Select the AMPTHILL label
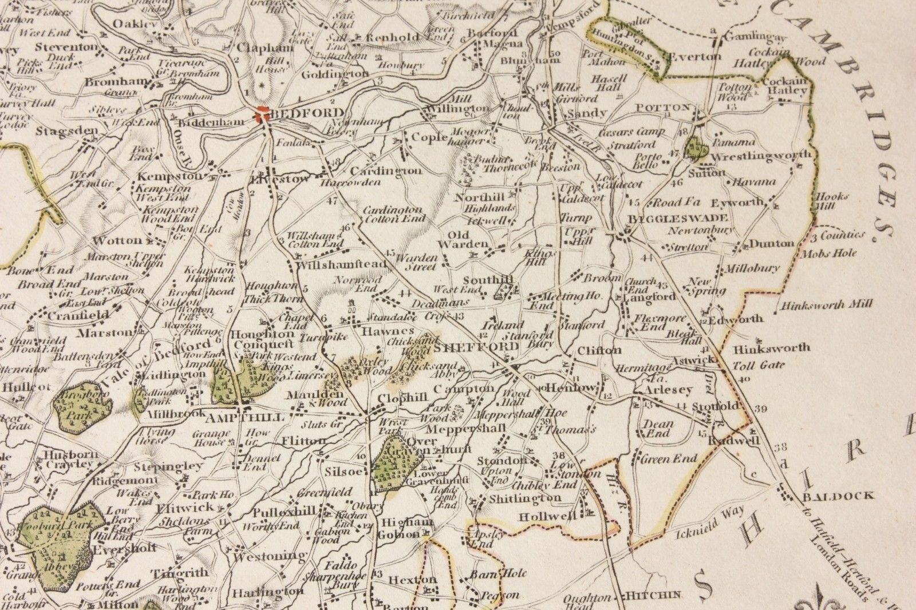click(x=252, y=418)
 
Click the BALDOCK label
click(x=838, y=496)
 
